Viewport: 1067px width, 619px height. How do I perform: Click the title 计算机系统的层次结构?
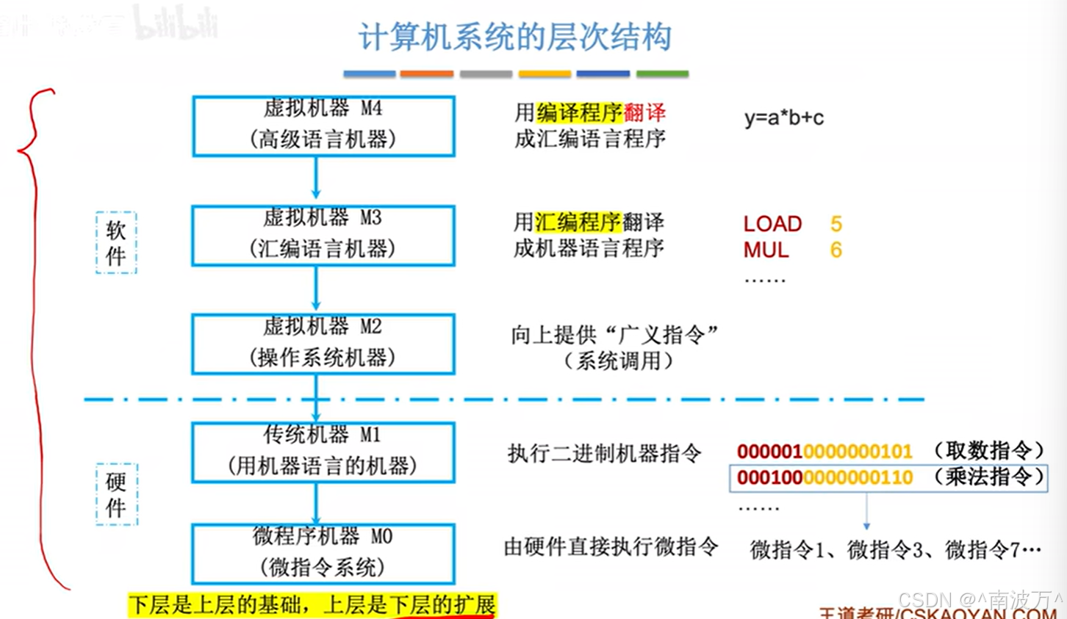pyautogui.click(x=514, y=36)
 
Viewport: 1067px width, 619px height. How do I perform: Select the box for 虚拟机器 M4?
pyautogui.click(x=323, y=126)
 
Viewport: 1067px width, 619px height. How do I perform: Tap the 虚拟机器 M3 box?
pyautogui.click(x=323, y=235)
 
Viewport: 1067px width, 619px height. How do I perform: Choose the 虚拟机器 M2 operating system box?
pyautogui.click(x=323, y=344)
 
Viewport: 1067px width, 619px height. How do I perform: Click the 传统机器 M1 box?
pyautogui.click(x=323, y=452)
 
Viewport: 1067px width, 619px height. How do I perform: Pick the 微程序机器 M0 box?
pyautogui.click(x=323, y=554)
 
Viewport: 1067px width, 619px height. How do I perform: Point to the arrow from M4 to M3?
pyautogui.click(x=316, y=178)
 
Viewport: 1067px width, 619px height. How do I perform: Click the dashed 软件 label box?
pyautogui.click(x=116, y=243)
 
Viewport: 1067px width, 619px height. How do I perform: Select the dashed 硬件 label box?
pyautogui.click(x=116, y=494)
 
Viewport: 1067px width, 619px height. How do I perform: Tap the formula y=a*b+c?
pyautogui.click(x=783, y=117)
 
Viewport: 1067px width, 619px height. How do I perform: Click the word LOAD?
pyautogui.click(x=772, y=224)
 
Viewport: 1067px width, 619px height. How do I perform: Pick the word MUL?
pyautogui.click(x=766, y=250)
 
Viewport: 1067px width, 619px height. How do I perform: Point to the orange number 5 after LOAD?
pyautogui.click(x=836, y=224)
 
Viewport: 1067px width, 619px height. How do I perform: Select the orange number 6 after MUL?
pyautogui.click(x=836, y=250)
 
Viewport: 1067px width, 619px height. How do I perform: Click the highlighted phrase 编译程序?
pyautogui.click(x=580, y=112)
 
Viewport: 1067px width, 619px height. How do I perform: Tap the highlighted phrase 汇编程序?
pyautogui.click(x=578, y=222)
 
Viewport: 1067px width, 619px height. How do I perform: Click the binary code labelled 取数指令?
pyautogui.click(x=824, y=451)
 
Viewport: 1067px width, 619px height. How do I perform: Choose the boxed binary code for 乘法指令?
pyautogui.click(x=824, y=478)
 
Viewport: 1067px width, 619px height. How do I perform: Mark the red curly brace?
pyautogui.click(x=33, y=330)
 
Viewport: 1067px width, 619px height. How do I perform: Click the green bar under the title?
pyautogui.click(x=662, y=73)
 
